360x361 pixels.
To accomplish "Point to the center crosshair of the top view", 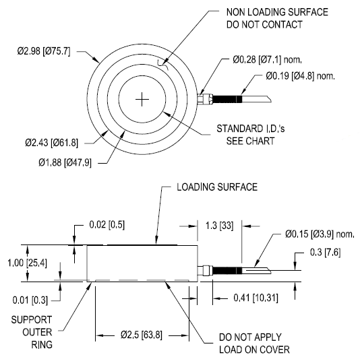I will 142,100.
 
